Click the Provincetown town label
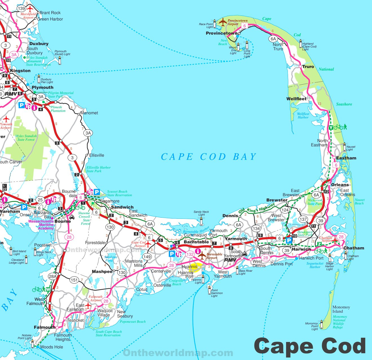222,33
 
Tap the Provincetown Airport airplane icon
223,22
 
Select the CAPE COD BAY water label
209,157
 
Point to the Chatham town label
354,248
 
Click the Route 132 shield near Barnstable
190,254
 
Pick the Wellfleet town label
296,99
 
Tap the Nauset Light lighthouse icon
344,147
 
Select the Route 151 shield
74,280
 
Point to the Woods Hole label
52,347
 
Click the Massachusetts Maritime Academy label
41,225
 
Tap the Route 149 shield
147,257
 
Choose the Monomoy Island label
341,309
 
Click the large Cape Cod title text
310,346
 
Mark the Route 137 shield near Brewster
303,219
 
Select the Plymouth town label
43,87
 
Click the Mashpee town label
102,271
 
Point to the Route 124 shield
285,210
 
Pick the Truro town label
308,67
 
